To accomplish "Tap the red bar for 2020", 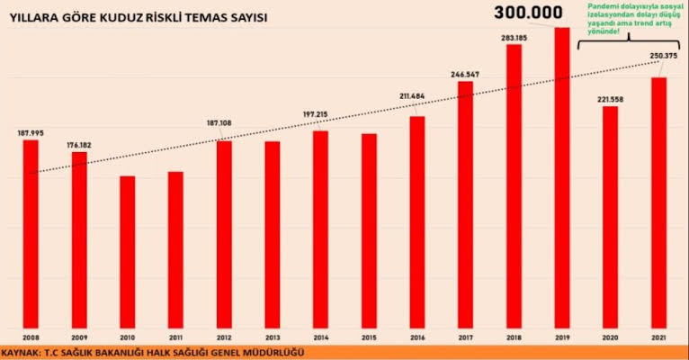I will (610, 215).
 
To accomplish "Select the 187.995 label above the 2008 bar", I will (31, 132).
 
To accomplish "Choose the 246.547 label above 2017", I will (465, 71).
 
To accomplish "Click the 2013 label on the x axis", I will (272, 337).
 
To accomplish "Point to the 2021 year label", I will (658, 337).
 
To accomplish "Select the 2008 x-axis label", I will (31, 337).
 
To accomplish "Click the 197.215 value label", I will (320, 114).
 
